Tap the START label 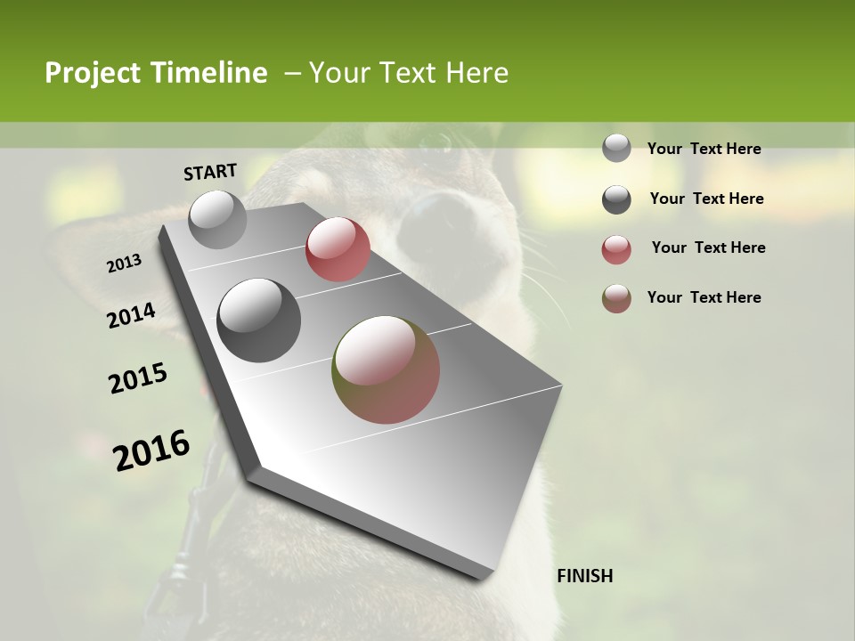point(210,172)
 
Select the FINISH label point(584,576)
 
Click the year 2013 point(124,264)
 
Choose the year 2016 point(151,450)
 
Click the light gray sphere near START point(217,219)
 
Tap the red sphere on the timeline point(338,249)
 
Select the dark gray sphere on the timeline point(259,320)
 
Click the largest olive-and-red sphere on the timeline point(386,369)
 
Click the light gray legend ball point(616,148)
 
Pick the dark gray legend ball point(616,199)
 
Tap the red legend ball point(616,249)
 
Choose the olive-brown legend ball point(616,298)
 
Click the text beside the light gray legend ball point(704,149)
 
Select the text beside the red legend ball point(708,247)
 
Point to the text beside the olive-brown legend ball point(704,297)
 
